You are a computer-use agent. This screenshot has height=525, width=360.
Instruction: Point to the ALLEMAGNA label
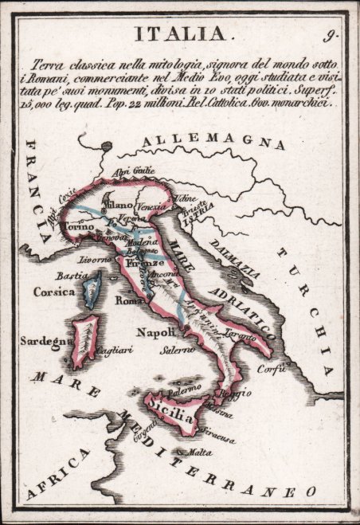(x=213, y=143)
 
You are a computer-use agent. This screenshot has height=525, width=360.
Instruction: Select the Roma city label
(x=128, y=301)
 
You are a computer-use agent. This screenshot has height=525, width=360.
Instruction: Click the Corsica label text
(x=54, y=292)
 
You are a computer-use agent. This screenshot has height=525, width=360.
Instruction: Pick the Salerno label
(x=175, y=350)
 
